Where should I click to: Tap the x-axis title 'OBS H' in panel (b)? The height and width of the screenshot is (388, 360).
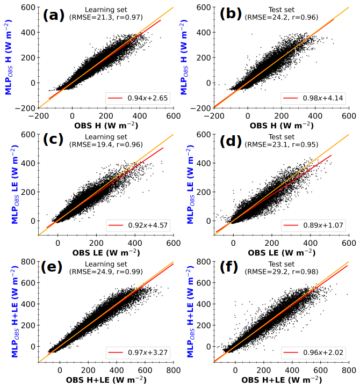(281, 125)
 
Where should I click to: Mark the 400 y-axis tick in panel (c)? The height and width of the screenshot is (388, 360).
(25, 163)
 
